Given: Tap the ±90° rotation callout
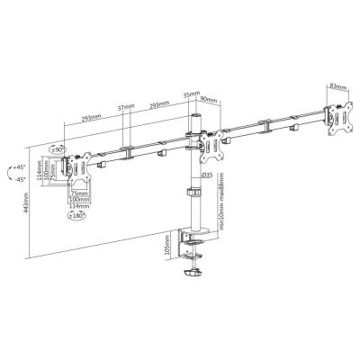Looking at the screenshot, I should [x=58, y=149].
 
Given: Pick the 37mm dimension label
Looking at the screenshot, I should [x=125, y=109].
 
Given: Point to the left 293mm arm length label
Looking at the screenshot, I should [x=90, y=118].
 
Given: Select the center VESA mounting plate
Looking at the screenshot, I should [x=218, y=144].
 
